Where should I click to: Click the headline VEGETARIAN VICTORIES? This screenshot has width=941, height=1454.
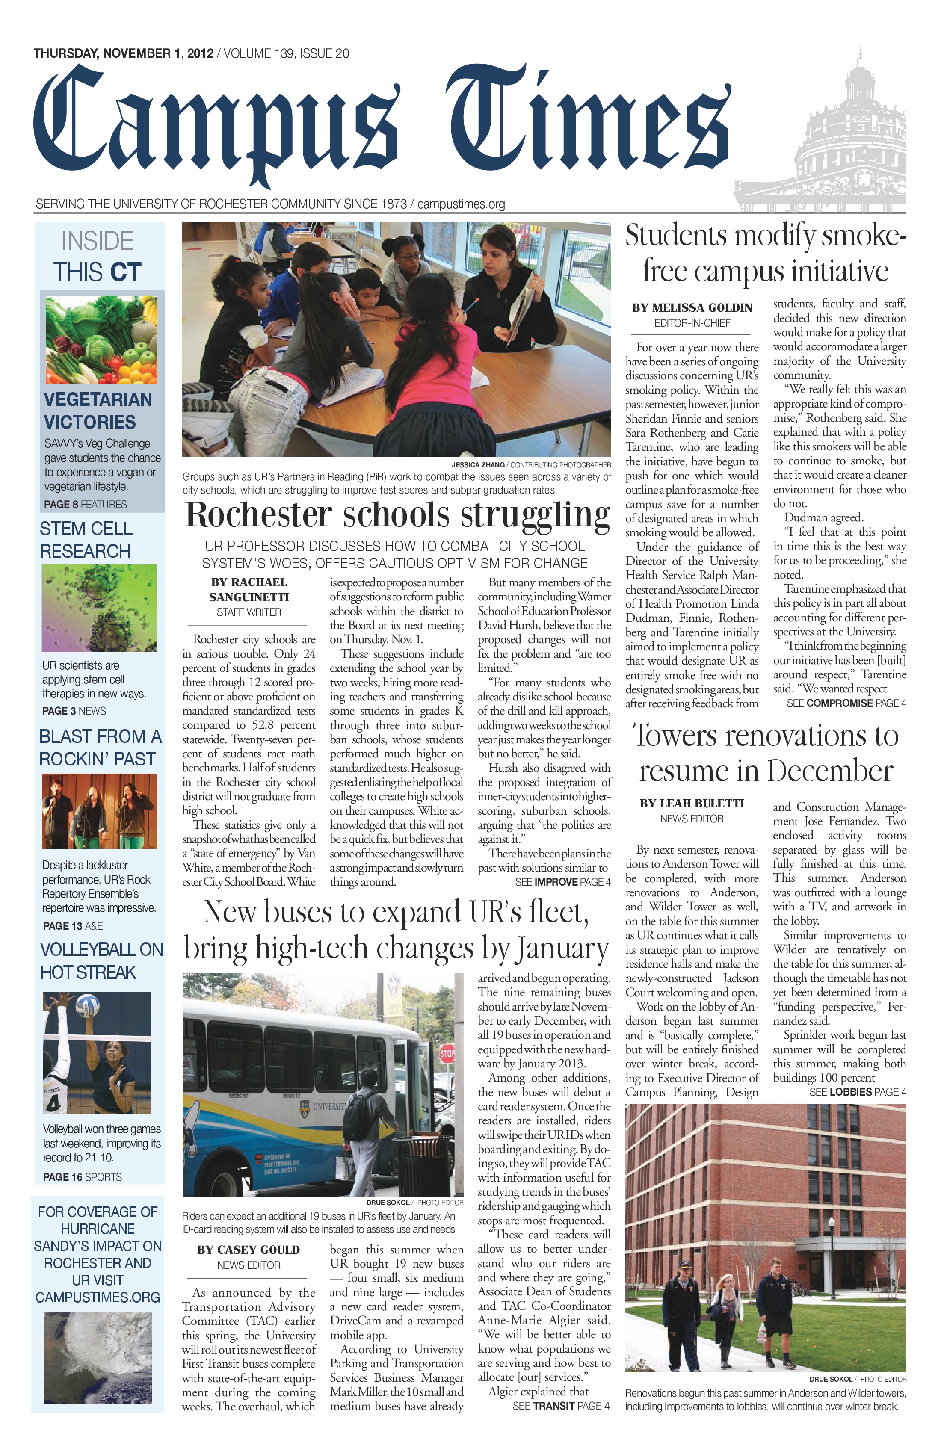pos(98,411)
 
